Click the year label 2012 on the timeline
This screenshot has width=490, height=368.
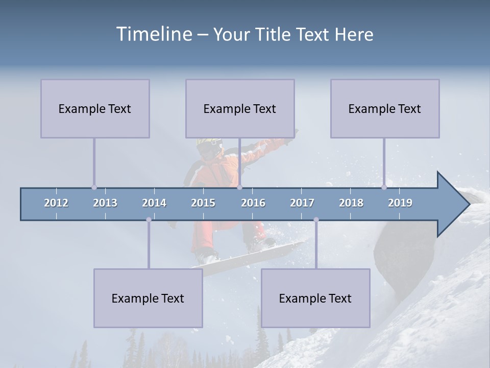[x=56, y=203]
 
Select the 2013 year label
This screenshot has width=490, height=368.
[x=105, y=203]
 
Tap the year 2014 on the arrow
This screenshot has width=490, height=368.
[x=154, y=203]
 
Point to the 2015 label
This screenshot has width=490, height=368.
[x=203, y=203]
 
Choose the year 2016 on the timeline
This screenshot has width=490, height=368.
[x=253, y=203]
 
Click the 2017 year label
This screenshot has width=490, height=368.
[x=302, y=203]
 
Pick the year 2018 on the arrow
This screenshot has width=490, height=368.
[x=351, y=203]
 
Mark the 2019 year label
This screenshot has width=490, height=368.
[x=400, y=203]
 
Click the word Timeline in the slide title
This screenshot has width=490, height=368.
[x=154, y=34]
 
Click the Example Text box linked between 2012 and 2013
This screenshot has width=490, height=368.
[x=95, y=109]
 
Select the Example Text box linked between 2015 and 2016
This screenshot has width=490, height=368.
[x=240, y=109]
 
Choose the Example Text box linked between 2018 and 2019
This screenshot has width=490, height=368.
[x=385, y=109]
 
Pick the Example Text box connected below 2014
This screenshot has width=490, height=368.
[x=148, y=298]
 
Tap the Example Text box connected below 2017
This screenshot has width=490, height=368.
[x=315, y=298]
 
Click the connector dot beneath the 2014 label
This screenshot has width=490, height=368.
[x=149, y=220]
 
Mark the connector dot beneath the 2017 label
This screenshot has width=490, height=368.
[x=316, y=220]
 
